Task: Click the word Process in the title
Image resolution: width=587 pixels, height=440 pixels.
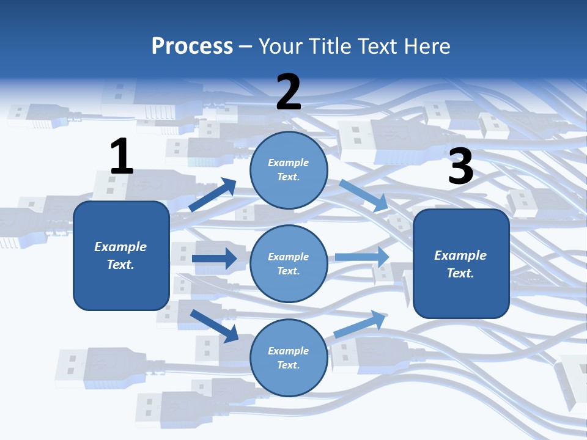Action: tap(192, 46)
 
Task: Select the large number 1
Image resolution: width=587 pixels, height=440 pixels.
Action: tap(122, 157)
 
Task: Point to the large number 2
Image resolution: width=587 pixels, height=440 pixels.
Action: tap(289, 92)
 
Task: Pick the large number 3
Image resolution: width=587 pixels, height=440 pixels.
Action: tap(460, 167)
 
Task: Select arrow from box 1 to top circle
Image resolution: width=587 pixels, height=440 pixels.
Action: tap(213, 195)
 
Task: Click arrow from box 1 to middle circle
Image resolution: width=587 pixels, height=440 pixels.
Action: tap(214, 258)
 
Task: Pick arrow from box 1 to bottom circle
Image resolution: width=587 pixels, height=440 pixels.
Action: tap(214, 326)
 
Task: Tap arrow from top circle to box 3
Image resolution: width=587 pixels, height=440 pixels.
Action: tap(364, 195)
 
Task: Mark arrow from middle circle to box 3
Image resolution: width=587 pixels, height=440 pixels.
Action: tap(362, 257)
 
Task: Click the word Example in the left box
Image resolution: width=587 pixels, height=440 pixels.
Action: tap(120, 247)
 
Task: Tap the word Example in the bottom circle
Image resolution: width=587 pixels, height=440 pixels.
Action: tap(288, 351)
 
